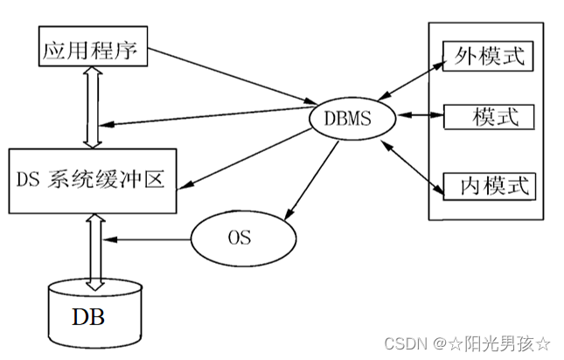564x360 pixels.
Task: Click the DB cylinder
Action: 92,315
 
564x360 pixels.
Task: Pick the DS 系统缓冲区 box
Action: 91,181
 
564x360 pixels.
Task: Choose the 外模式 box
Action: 487,57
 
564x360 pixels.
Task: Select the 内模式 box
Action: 487,185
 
